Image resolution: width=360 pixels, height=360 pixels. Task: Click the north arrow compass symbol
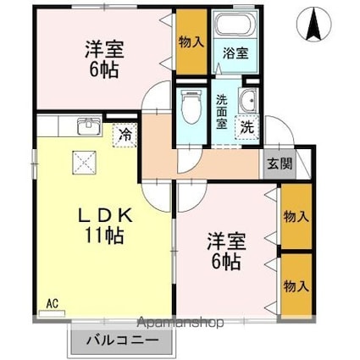point(313,25)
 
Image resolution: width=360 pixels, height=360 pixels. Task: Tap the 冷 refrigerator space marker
point(125,134)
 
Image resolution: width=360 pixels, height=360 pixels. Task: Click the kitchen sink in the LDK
point(87,127)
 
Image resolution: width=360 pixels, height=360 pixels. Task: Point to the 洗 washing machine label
point(246,127)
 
